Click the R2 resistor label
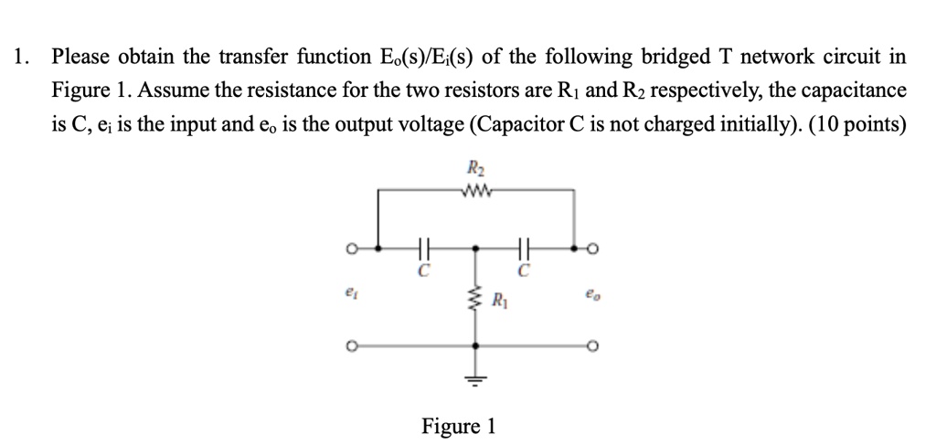click(x=475, y=168)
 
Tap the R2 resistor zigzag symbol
click(x=475, y=190)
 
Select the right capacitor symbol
click(x=524, y=248)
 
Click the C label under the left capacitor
click(x=423, y=271)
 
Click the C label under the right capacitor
click(x=524, y=271)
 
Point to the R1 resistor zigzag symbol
click(x=474, y=298)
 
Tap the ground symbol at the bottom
click(x=474, y=377)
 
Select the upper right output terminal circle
click(x=593, y=248)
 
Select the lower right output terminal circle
click(x=593, y=347)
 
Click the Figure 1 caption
click(x=458, y=426)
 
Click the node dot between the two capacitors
click(x=474, y=248)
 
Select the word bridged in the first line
click(x=589, y=58)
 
